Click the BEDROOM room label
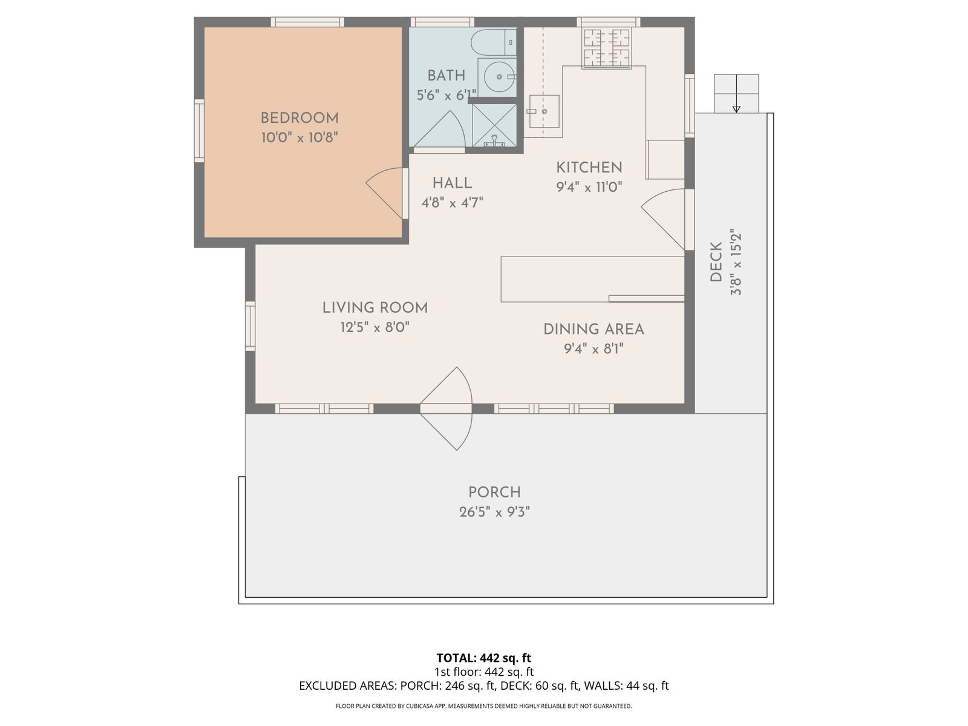pyautogui.click(x=299, y=118)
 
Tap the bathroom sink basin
pyautogui.click(x=499, y=77)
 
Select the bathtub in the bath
pyautogui.click(x=494, y=42)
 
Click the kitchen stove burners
pyautogui.click(x=606, y=47)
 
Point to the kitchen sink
pyautogui.click(x=544, y=111)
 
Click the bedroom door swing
pyautogui.click(x=385, y=193)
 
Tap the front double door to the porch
pyautogui.click(x=446, y=408)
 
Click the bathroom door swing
pyautogui.click(x=439, y=129)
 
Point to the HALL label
pyautogui.click(x=452, y=183)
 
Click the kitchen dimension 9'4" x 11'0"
pyautogui.click(x=589, y=188)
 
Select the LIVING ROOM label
pyautogui.click(x=375, y=308)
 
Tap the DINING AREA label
pyautogui.click(x=594, y=329)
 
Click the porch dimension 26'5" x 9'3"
pyautogui.click(x=494, y=512)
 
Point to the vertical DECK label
pyautogui.click(x=716, y=262)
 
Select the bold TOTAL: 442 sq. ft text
pyautogui.click(x=484, y=658)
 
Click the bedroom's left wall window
pyautogui.click(x=199, y=131)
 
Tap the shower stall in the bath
pyautogui.click(x=494, y=126)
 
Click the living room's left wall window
pyautogui.click(x=250, y=326)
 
